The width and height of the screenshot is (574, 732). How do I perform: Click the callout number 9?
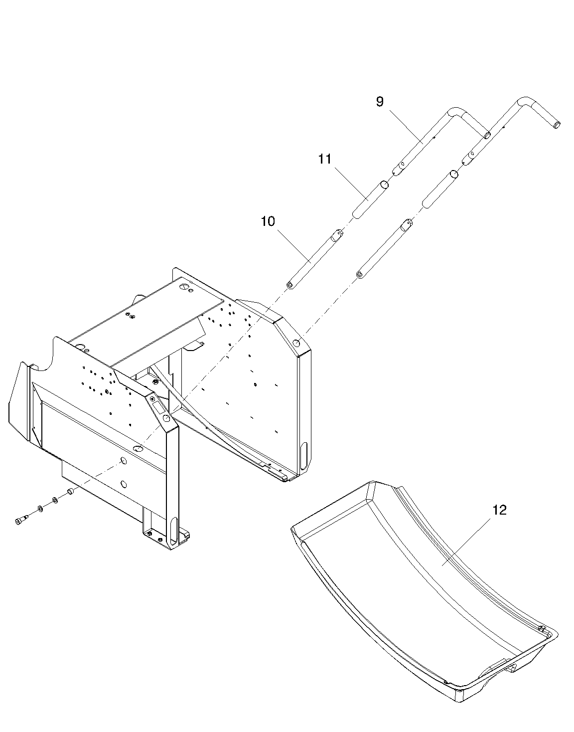coord(380,102)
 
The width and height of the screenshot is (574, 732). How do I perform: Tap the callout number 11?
coord(325,159)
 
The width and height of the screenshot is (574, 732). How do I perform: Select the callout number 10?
coord(268,221)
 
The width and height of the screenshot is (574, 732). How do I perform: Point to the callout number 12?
coord(499,510)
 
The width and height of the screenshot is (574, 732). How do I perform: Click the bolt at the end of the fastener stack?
coord(20,521)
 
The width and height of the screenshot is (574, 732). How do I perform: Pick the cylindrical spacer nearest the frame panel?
coord(70,492)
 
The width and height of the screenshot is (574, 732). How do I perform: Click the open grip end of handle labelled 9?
coord(487,135)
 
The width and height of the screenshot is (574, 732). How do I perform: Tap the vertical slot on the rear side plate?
coord(303,453)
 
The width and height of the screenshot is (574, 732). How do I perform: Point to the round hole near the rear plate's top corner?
coord(297,343)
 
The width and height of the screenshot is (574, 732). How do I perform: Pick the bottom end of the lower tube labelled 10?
coord(289,285)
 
